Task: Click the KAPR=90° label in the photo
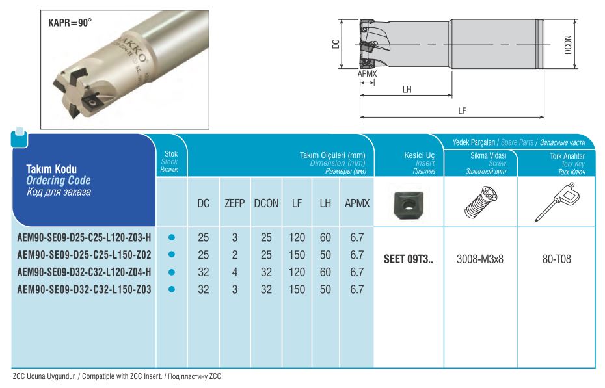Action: point(70,23)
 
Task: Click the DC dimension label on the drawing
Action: point(336,44)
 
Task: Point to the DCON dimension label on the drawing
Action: point(568,45)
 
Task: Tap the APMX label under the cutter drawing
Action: point(367,73)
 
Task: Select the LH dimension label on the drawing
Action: point(407,90)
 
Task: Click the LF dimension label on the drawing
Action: point(463,111)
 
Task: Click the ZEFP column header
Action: point(235,203)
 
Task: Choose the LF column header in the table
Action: point(297,203)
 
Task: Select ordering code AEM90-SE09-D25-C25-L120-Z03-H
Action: point(84,237)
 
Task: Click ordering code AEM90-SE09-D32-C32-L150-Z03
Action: point(84,289)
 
